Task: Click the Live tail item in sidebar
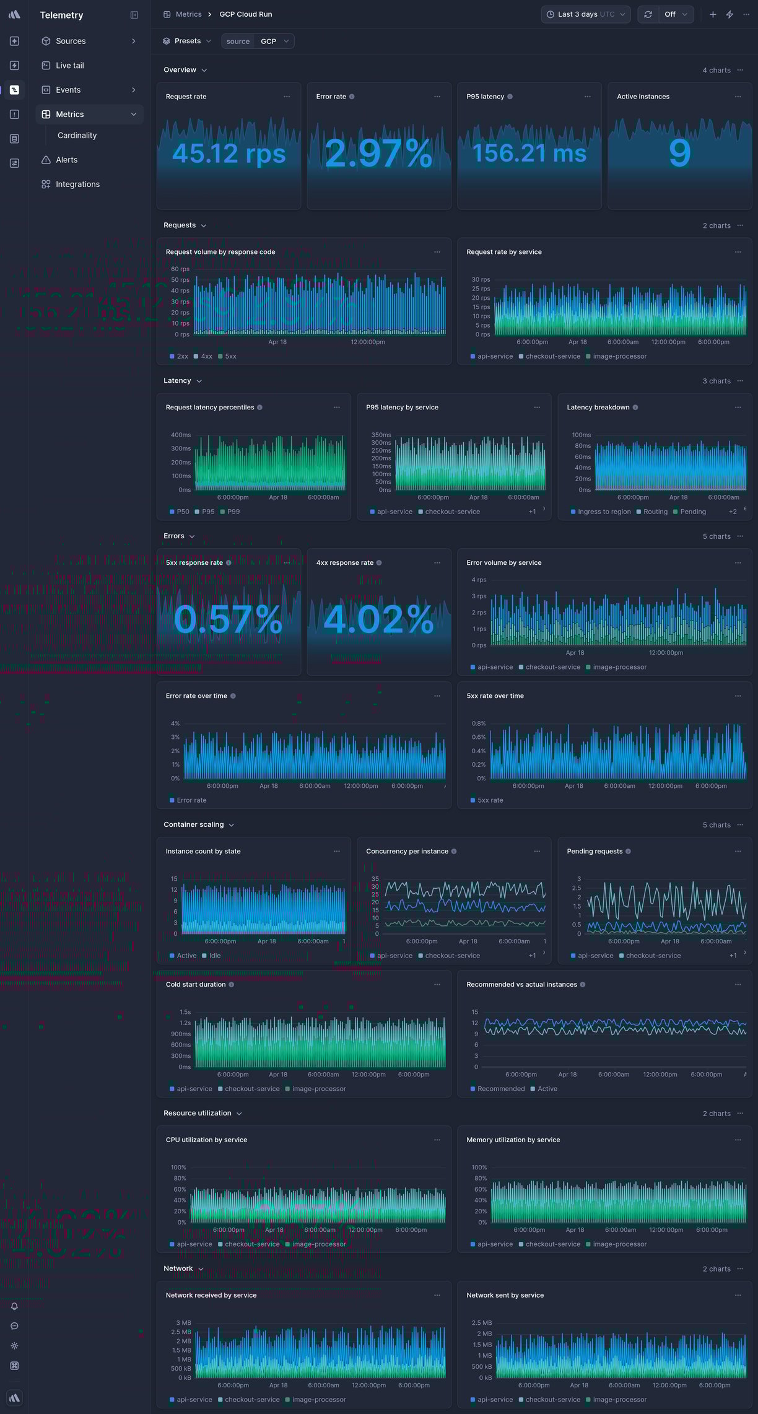pos(69,65)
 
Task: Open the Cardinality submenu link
pos(77,135)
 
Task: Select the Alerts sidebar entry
pos(66,160)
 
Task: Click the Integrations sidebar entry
pos(77,184)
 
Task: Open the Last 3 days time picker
pos(585,14)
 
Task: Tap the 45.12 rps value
pos(229,153)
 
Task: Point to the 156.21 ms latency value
pos(529,153)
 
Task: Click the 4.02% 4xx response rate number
pos(378,619)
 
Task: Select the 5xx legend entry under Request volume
pos(230,356)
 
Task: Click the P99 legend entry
pos(233,512)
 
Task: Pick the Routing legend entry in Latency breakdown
pos(655,512)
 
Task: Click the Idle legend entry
pos(214,956)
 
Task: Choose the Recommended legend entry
pos(500,1089)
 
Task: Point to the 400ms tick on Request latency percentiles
pos(180,435)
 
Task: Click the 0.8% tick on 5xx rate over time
pos(478,723)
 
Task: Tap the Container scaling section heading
pos(193,824)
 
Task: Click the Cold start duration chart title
pos(195,984)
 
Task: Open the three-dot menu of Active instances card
pos(738,97)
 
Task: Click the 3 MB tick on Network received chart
pos(183,1322)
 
